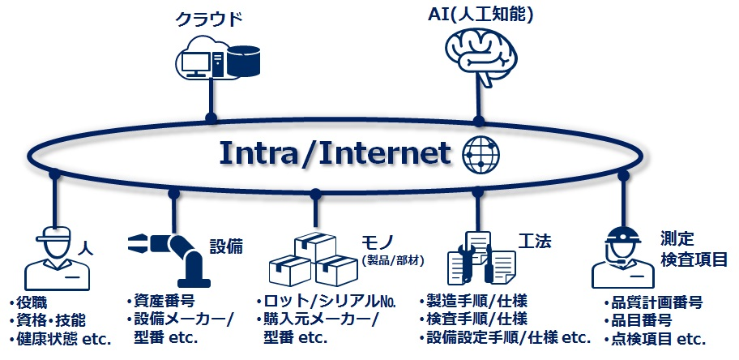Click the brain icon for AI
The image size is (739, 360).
[485, 55]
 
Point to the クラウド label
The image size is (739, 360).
[211, 18]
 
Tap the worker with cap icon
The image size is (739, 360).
[57, 257]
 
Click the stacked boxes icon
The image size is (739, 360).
[313, 259]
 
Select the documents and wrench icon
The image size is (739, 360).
[481, 257]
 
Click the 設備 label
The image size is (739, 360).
[226, 246]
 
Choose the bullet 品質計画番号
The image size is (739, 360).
[652, 302]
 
